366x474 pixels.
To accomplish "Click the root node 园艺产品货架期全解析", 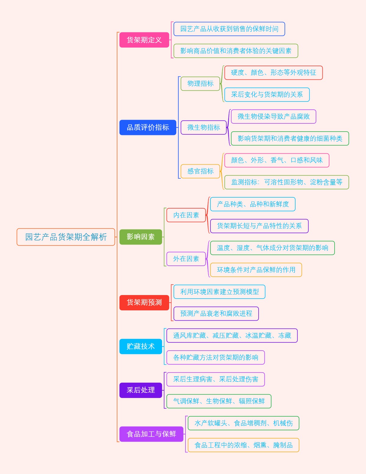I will (x=66, y=237).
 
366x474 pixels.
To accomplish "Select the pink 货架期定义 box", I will (x=144, y=40).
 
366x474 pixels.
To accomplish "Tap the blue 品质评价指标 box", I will (x=148, y=127).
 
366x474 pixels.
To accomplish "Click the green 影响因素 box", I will (x=141, y=237).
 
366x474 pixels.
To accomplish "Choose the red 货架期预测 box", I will (x=144, y=303).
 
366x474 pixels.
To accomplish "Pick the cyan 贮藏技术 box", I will (x=141, y=346).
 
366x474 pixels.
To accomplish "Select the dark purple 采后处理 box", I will (x=141, y=390).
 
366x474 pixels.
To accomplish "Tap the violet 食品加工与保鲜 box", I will (x=151, y=434).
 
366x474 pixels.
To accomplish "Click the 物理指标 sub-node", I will (x=200, y=84).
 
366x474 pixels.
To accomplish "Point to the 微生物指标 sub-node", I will (x=203, y=127).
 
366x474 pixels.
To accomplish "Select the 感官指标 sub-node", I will (x=200, y=171).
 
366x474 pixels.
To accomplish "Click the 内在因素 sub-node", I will (x=186, y=215).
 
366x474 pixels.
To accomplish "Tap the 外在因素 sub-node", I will (x=186, y=259).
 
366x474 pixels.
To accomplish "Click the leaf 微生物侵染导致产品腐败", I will (x=274, y=117).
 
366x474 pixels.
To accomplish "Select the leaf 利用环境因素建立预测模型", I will (x=219, y=292).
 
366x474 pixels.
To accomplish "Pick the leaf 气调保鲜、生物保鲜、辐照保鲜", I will (x=219, y=401).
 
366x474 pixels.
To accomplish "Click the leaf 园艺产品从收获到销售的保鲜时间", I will (x=229, y=29).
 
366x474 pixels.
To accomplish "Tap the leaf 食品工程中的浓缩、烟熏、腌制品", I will (x=243, y=445).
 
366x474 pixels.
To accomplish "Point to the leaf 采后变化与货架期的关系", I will (x=267, y=95).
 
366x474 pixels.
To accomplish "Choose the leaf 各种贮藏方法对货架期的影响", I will (x=216, y=357).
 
